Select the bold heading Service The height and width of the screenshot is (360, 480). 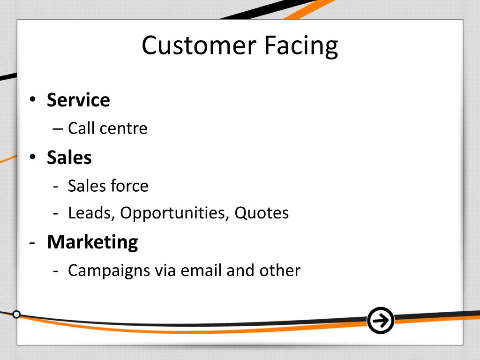click(x=78, y=100)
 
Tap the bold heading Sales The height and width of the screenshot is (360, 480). click(x=69, y=157)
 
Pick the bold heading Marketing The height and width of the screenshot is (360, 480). click(x=92, y=242)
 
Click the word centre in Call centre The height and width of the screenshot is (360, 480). click(x=124, y=128)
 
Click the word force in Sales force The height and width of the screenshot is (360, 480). click(x=129, y=186)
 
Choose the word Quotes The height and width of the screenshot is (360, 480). click(x=262, y=213)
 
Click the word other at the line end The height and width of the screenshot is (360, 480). click(x=282, y=270)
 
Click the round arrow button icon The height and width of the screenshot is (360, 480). click(x=380, y=321)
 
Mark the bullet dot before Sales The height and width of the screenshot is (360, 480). click(x=32, y=158)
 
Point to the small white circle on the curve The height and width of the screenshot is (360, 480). click(x=16, y=314)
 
